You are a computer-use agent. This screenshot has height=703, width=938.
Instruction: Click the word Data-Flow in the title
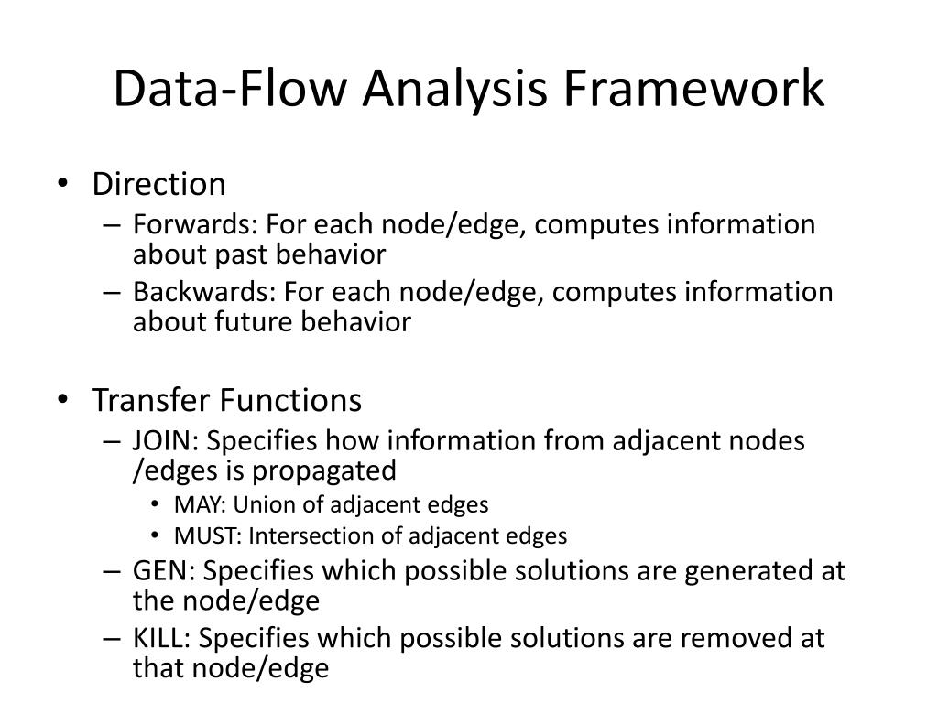tap(229, 90)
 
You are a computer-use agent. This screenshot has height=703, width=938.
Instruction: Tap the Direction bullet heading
tap(158, 184)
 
